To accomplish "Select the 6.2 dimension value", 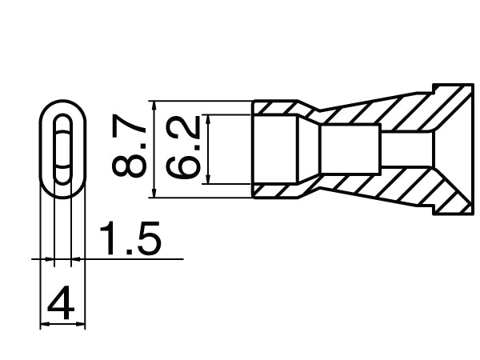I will pyautogui.click(x=183, y=149).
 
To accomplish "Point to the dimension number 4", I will pyautogui.click(x=62, y=305).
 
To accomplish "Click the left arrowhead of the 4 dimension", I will pyautogui.click(x=44, y=324).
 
